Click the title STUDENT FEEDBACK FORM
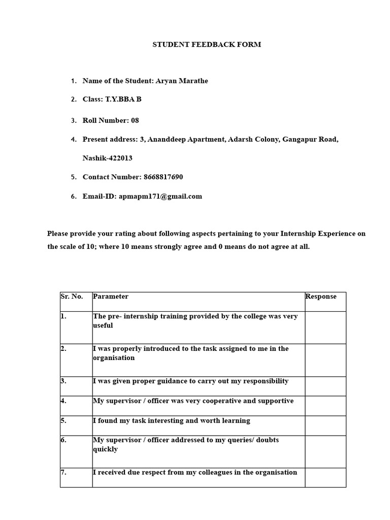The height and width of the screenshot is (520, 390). [207, 45]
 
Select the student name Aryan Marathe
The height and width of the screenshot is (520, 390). [182, 81]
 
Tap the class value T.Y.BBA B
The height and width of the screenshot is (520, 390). [123, 100]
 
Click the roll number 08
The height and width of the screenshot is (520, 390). [135, 120]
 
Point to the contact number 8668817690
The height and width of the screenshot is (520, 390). [163, 177]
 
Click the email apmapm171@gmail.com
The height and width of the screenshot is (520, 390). [160, 197]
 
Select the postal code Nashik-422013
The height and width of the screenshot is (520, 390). [107, 158]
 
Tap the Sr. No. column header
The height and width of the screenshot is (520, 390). [72, 297]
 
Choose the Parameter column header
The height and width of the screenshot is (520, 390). [111, 297]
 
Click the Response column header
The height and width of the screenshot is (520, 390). [321, 297]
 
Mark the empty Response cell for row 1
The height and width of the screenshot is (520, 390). [325, 328]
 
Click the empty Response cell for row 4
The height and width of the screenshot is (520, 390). [325, 406]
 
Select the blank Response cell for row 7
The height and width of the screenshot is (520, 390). [325, 477]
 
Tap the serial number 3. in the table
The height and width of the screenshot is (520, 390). [63, 381]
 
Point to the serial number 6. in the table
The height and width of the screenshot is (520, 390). [63, 440]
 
